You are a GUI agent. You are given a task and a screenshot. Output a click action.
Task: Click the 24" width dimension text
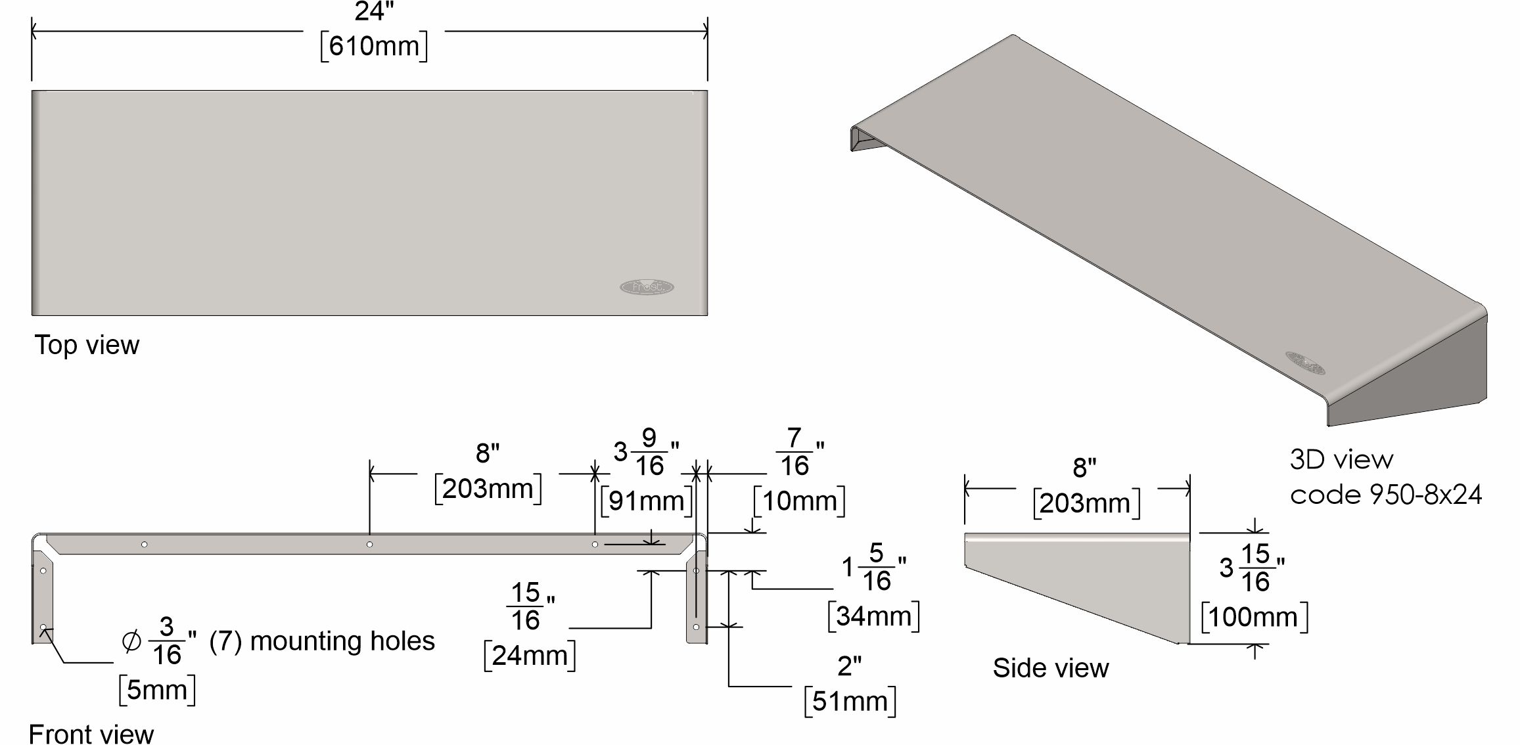coord(373,12)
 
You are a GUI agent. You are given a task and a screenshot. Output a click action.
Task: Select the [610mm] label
coord(373,47)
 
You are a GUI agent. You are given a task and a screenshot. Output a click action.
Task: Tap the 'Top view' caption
coord(87,346)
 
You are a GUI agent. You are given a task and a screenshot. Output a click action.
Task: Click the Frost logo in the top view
coord(647,287)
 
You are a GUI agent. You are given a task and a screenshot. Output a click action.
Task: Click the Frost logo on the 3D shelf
coord(1304,363)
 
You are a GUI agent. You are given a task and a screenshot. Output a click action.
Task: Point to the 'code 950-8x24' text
coord(1385,495)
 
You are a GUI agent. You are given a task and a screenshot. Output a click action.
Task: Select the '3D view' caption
coord(1341,459)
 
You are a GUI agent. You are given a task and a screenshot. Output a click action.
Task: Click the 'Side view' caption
coord(1050,668)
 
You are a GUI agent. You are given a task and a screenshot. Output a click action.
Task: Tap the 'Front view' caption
coord(91,733)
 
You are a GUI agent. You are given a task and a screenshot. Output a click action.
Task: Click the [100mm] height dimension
coord(1254,618)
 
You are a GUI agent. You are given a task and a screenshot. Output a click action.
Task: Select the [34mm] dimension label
coord(873,617)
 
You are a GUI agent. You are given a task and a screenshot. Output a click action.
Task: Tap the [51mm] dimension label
coord(850,702)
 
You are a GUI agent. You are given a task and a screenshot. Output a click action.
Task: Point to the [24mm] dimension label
coord(529,656)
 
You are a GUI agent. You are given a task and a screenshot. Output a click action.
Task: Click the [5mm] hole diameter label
coord(157,690)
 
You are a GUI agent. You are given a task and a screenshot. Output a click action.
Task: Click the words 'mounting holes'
coord(342,641)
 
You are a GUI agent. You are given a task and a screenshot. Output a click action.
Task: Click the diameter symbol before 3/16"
coord(131,641)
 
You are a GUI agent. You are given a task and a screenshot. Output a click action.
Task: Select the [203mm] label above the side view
coord(1086,504)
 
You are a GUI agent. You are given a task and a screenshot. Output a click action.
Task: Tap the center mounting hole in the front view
coord(369,545)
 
